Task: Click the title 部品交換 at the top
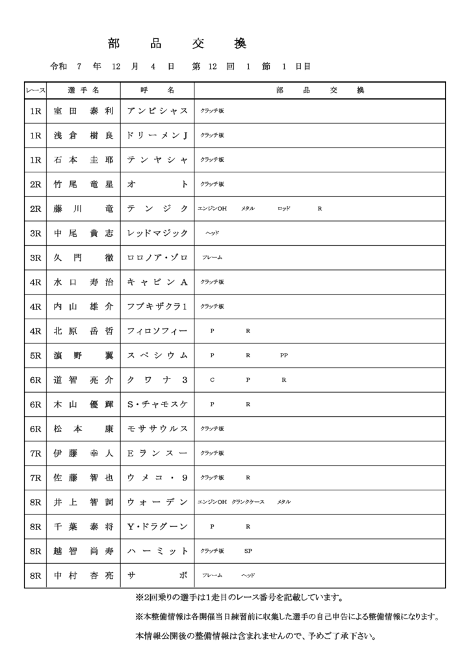(177, 44)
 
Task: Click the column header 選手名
(83, 90)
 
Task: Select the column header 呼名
(157, 90)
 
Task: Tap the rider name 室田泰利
(83, 111)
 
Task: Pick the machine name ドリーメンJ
(157, 135)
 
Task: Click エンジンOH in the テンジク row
(212, 209)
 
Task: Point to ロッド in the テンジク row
(284, 209)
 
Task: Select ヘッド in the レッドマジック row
(213, 233)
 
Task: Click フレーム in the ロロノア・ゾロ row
(212, 258)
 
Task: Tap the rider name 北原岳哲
(83, 331)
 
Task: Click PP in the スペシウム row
(284, 356)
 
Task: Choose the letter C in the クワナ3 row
(212, 380)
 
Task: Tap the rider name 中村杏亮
(83, 576)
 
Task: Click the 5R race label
(36, 356)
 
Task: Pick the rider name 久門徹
(83, 258)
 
